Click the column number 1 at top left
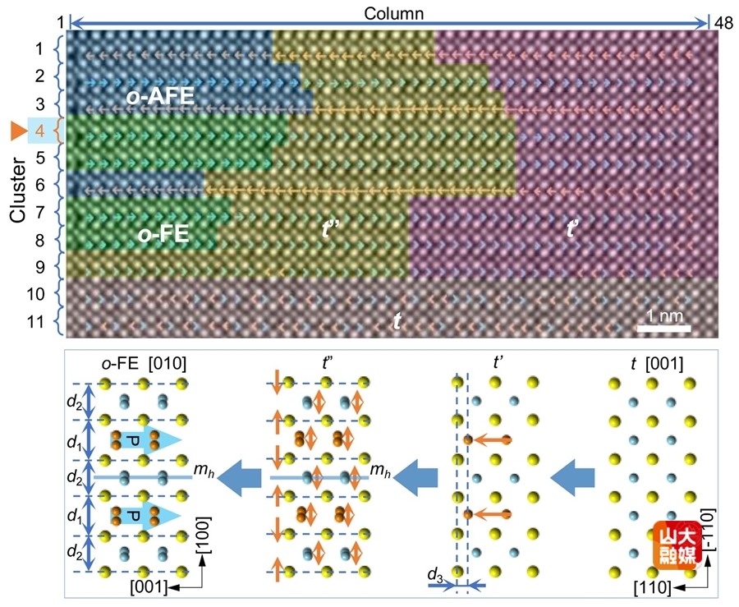coord(60,20)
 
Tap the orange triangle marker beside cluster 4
coord(17,130)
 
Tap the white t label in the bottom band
coord(397,322)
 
